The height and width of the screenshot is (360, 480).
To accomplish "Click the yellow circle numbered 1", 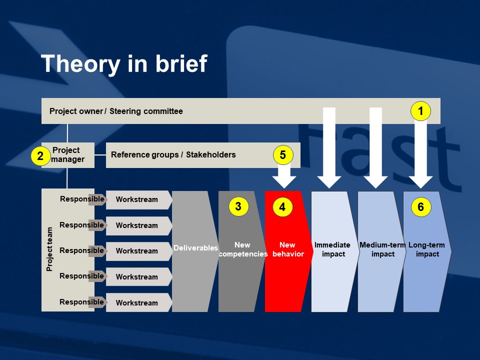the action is (420, 111).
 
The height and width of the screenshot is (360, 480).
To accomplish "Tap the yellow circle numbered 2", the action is (40, 156).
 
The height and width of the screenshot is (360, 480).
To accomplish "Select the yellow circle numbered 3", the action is (238, 206).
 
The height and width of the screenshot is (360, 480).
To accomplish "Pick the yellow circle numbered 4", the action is (282, 207).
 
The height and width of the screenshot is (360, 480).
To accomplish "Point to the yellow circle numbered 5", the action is (283, 155).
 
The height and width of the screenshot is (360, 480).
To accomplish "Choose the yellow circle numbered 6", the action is (421, 207).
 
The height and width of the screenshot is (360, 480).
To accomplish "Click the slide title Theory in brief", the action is (124, 63).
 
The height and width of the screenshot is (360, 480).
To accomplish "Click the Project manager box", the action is (68, 155).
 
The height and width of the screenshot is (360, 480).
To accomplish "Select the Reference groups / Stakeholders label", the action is (173, 154).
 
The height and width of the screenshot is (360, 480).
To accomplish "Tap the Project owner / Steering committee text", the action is (116, 111).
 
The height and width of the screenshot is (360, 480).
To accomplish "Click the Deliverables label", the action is (195, 247).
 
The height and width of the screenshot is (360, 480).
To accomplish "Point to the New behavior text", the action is (288, 249).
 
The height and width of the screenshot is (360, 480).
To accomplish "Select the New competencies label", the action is (243, 249).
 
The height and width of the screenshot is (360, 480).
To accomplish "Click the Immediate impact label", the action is (333, 249).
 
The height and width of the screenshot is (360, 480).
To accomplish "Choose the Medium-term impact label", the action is (382, 249).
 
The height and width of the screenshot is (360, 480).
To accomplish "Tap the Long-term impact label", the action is (427, 249).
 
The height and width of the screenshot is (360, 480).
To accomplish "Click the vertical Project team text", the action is (49, 249).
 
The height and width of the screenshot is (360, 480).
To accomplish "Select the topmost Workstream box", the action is (138, 199).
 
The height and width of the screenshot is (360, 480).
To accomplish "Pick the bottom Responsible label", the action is (81, 302).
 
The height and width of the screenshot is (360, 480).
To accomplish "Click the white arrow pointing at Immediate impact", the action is (329, 147).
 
